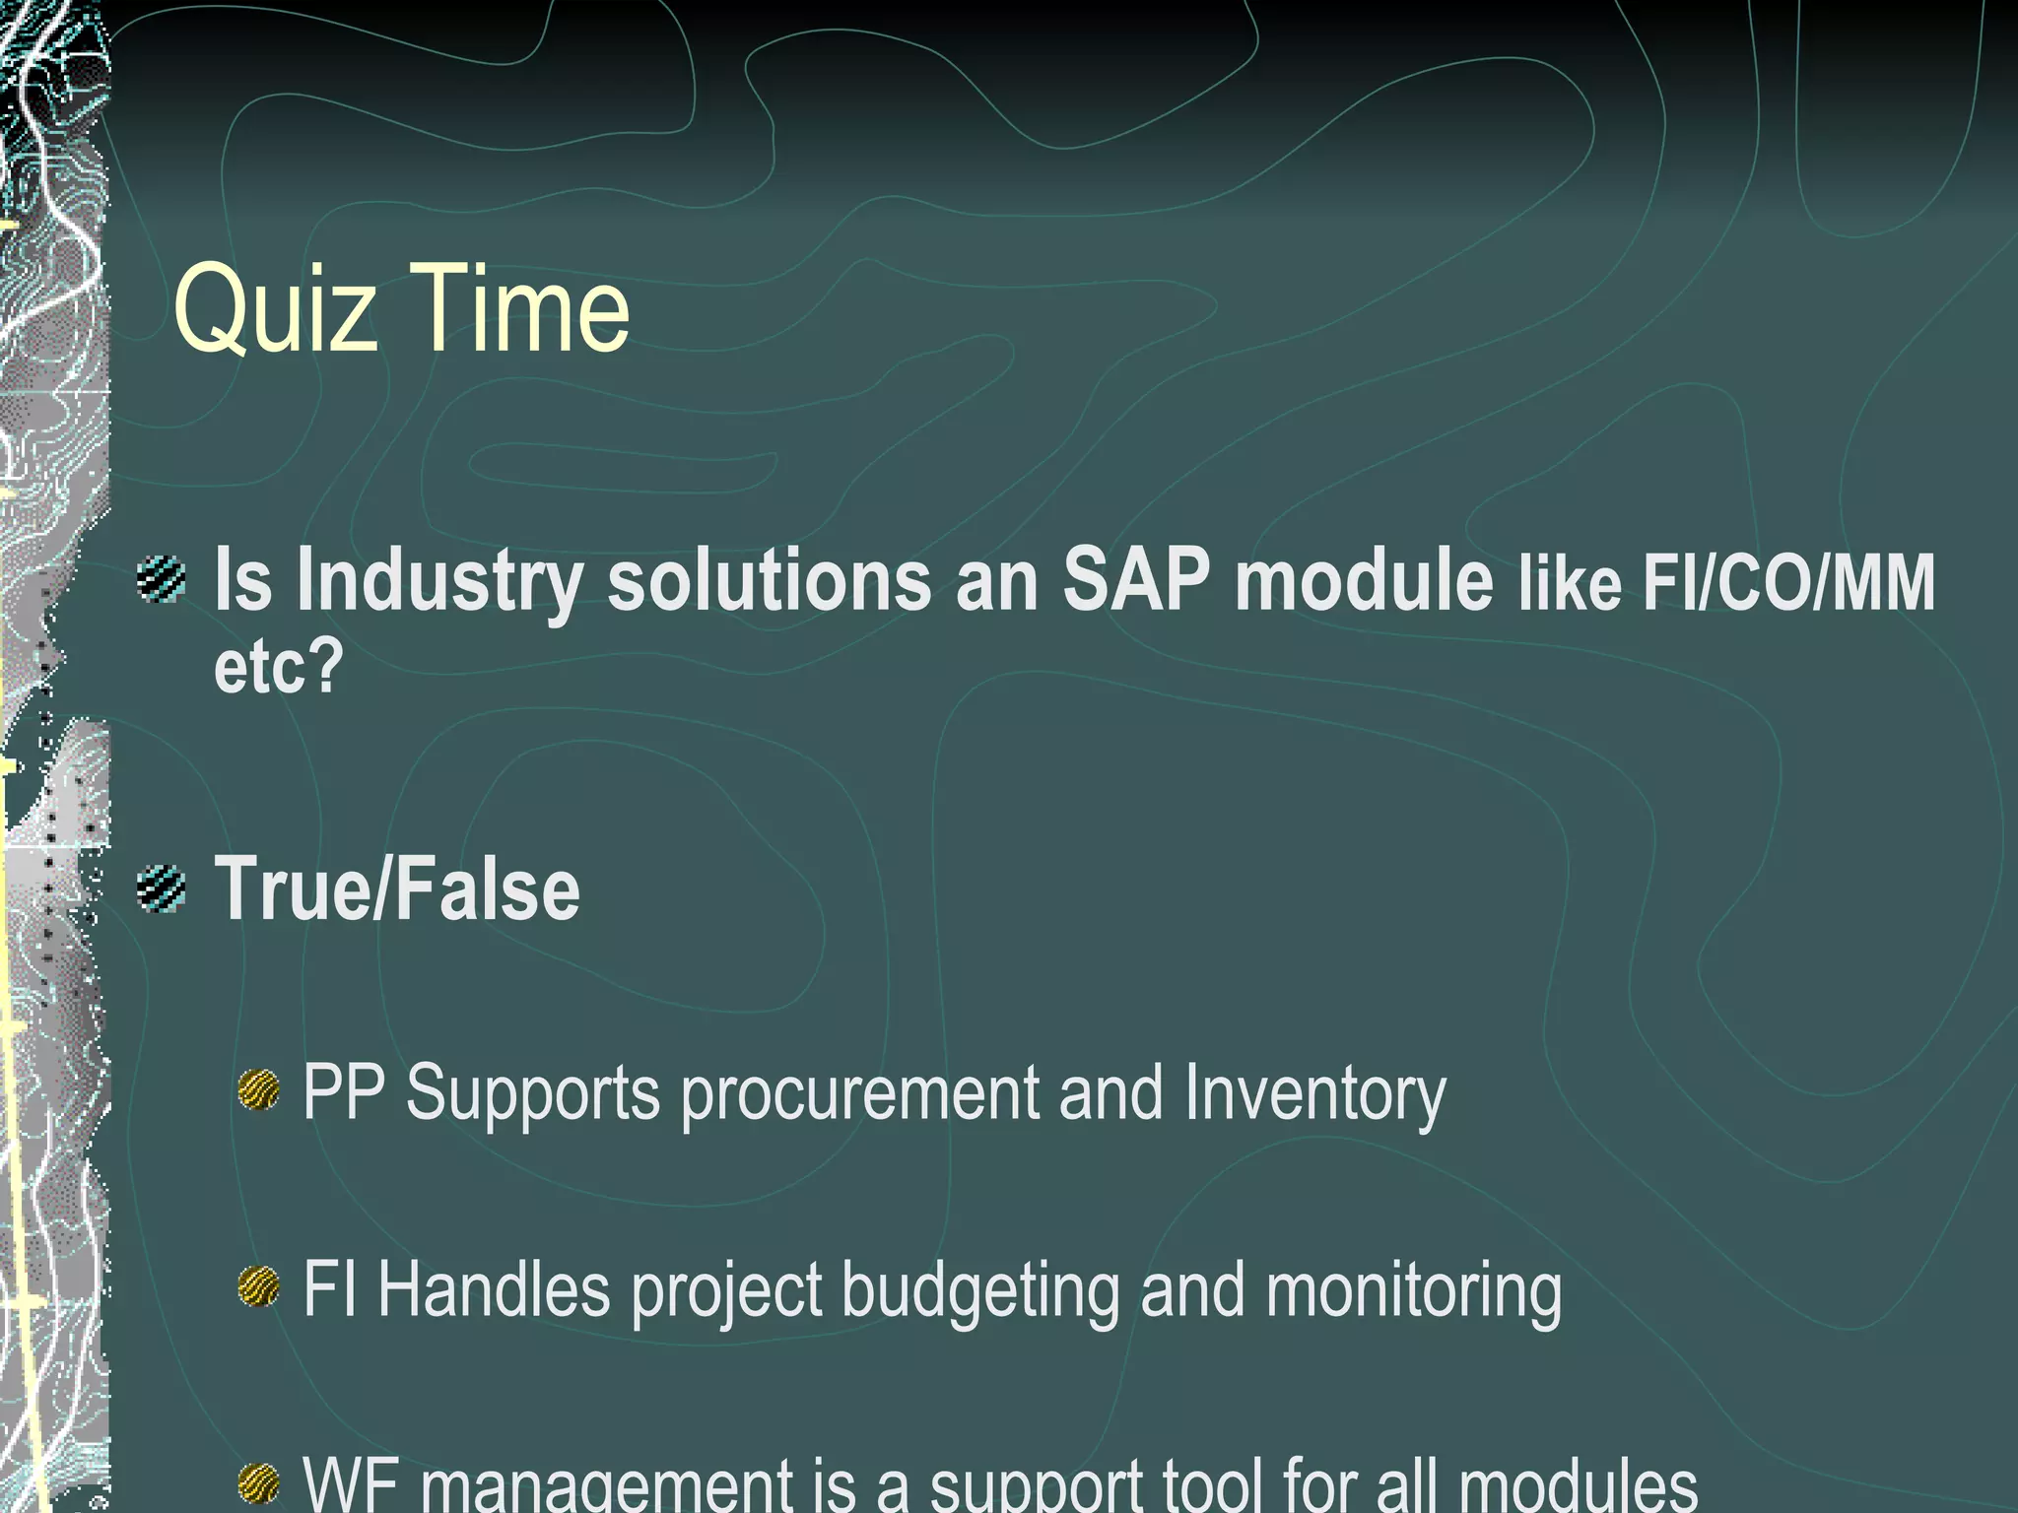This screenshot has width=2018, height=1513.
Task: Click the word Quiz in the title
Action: pyautogui.click(x=275, y=308)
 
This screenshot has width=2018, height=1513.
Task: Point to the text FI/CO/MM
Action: pyautogui.click(x=1787, y=583)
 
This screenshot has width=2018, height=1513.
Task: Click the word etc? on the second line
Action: pyautogui.click(x=278, y=666)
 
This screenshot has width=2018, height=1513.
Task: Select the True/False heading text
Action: pyautogui.click(x=397, y=888)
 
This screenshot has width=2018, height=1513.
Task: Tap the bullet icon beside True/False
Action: pyautogui.click(x=162, y=888)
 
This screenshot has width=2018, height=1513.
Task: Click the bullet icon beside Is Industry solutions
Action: pyautogui.click(x=162, y=579)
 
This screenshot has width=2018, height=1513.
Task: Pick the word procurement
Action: pyautogui.click(x=859, y=1093)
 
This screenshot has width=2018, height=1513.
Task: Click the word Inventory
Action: pyautogui.click(x=1314, y=1093)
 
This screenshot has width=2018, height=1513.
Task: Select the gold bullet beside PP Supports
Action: pyautogui.click(x=259, y=1091)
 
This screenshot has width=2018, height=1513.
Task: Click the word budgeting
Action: pyautogui.click(x=979, y=1290)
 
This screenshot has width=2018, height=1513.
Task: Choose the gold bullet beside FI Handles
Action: pyautogui.click(x=259, y=1286)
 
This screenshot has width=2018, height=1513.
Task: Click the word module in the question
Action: pyautogui.click(x=1364, y=579)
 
